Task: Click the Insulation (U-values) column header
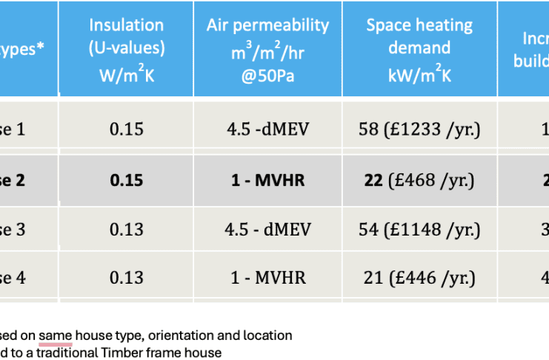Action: [127, 47]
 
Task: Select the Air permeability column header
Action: [267, 47]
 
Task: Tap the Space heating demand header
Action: [419, 47]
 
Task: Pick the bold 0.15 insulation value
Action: [127, 180]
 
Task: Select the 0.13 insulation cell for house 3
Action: [127, 229]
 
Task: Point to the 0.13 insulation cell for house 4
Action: [127, 279]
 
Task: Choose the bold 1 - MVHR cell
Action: [267, 180]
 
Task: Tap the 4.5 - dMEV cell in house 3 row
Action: [267, 229]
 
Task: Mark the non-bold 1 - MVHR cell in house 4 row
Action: [267, 279]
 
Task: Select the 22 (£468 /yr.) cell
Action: [419, 180]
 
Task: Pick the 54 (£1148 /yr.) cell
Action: [419, 229]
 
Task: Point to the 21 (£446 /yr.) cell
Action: [419, 279]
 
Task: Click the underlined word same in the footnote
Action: [56, 336]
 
